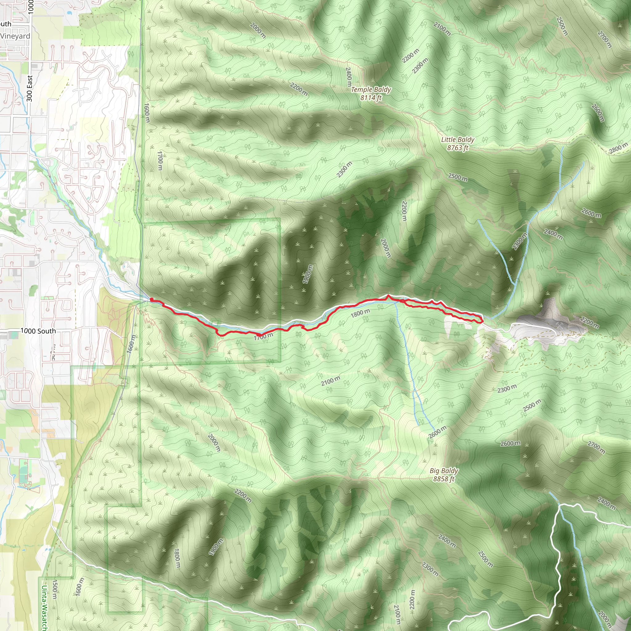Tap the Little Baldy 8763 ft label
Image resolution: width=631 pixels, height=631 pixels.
pyautogui.click(x=458, y=144)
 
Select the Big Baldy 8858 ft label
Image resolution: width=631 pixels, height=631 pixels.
pyautogui.click(x=444, y=474)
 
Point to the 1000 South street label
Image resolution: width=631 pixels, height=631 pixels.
pyautogui.click(x=38, y=331)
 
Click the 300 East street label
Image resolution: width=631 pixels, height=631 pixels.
pyautogui.click(x=30, y=88)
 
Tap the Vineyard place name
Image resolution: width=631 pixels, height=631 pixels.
pyautogui.click(x=15, y=36)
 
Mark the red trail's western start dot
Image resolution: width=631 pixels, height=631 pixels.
pyautogui.click(x=152, y=299)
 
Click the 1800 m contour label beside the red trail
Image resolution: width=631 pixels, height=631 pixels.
pyautogui.click(x=360, y=313)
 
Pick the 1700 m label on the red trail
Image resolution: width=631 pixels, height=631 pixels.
pyautogui.click(x=263, y=336)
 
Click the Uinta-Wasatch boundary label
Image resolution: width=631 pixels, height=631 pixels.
pyautogui.click(x=44, y=608)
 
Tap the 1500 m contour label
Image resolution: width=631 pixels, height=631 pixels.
pyautogui.click(x=55, y=589)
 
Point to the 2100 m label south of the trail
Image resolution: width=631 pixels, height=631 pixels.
pyautogui.click(x=330, y=381)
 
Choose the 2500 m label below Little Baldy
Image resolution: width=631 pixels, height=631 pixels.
pyautogui.click(x=458, y=177)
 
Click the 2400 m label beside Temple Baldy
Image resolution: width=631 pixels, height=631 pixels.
pyautogui.click(x=348, y=77)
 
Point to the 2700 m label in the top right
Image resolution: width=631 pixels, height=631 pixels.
pyautogui.click(x=604, y=39)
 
